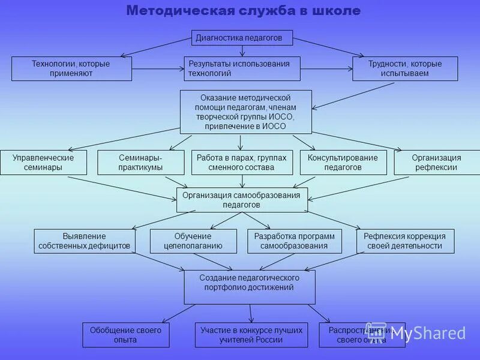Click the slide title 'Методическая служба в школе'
coord(243,11)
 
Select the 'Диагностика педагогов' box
coord(242,38)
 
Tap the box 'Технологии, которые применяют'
coord(71,68)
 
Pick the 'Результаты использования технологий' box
coord(242,68)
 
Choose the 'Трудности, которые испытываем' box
coord(405,68)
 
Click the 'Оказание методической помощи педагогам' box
coord(246,112)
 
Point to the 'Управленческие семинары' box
coord(43,162)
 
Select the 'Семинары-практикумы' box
coord(140,162)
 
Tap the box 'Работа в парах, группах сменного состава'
coord(242,162)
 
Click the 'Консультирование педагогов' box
coord(343,162)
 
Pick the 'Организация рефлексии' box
coord(436,162)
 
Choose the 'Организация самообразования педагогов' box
coord(242,200)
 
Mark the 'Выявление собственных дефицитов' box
coord(84,241)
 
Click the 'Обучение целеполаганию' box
coord(193,241)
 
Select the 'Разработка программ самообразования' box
coord(294,241)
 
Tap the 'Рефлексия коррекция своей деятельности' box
coord(405,241)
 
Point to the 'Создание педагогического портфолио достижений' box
coord(249,287)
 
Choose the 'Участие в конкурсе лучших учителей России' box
coord(251,335)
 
